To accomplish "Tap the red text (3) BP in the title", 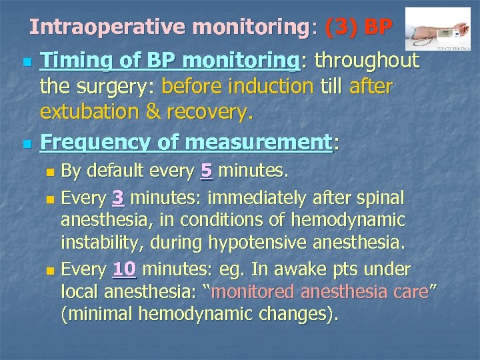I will [x=358, y=27].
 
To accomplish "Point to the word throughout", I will [x=367, y=61].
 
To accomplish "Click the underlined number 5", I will [x=207, y=172].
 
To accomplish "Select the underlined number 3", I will [x=119, y=198].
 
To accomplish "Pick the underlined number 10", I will [x=125, y=269].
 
